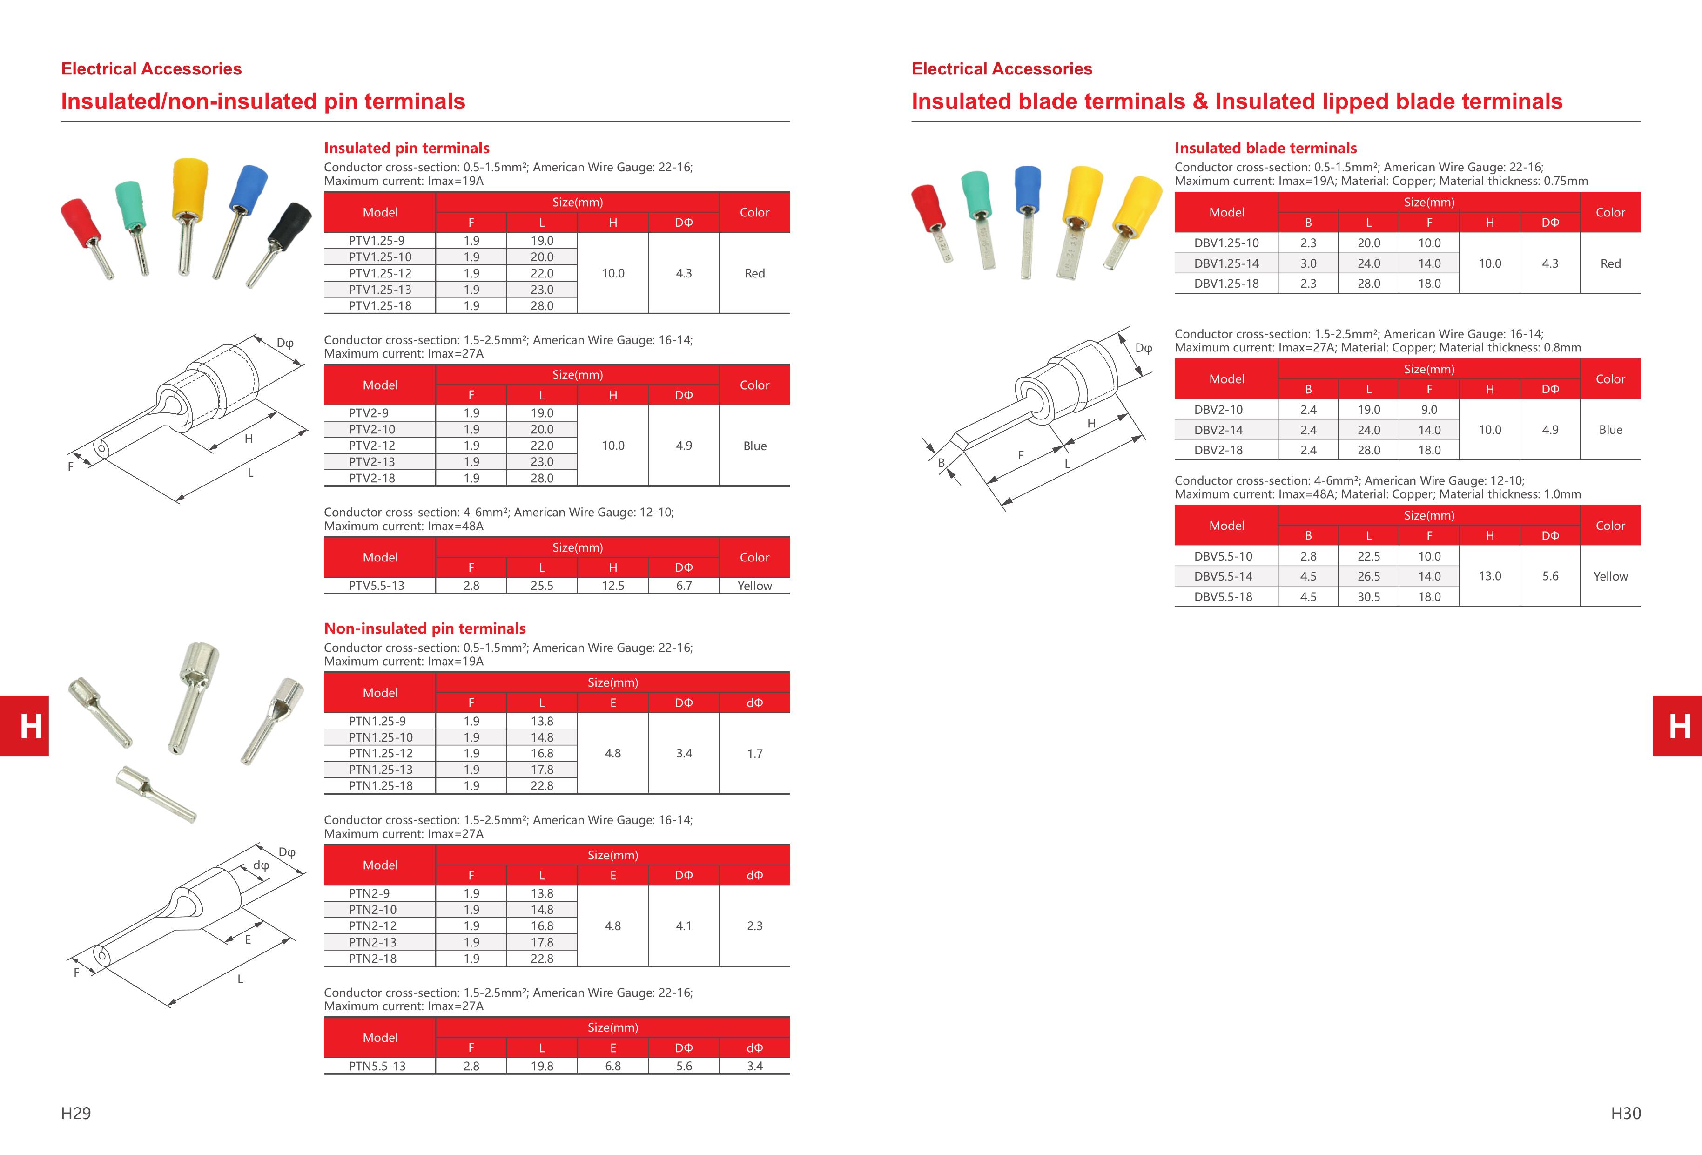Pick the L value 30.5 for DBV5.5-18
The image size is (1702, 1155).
(x=1368, y=597)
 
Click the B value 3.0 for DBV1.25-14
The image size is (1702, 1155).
(x=1308, y=263)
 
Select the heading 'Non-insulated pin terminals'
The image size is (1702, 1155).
(x=425, y=628)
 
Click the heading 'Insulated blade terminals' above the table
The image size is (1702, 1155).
(x=1265, y=148)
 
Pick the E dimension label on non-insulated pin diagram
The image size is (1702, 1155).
(x=248, y=939)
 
